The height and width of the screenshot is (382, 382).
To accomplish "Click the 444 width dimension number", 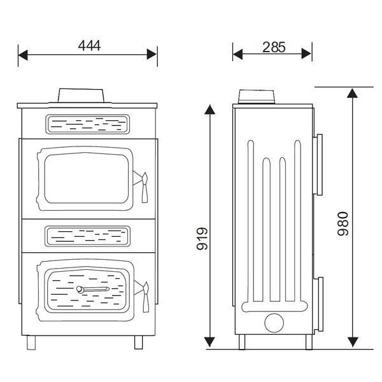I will click(89, 45).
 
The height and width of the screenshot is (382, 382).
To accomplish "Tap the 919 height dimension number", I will click(203, 239).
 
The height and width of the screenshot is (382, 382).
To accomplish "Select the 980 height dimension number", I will click(343, 223).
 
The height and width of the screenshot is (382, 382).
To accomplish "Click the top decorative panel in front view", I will click(87, 124).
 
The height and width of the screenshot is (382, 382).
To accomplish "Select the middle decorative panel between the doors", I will click(87, 235).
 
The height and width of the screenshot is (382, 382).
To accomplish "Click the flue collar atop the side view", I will click(257, 97).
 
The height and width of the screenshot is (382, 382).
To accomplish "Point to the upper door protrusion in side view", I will click(318, 164).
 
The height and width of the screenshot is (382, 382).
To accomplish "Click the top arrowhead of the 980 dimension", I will click(351, 93).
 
